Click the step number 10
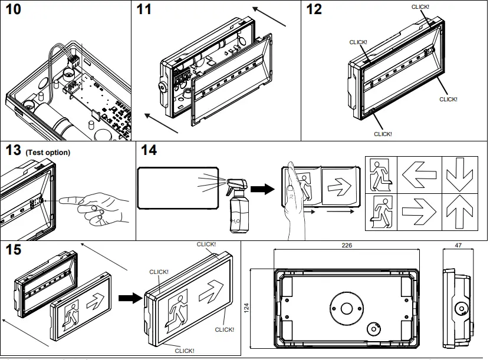[16, 11]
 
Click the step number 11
[144, 11]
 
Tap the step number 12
[315, 11]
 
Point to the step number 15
[14, 250]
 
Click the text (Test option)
[48, 153]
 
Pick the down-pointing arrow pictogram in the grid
[463, 174]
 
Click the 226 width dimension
[346, 245]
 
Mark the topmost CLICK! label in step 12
[420, 6]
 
